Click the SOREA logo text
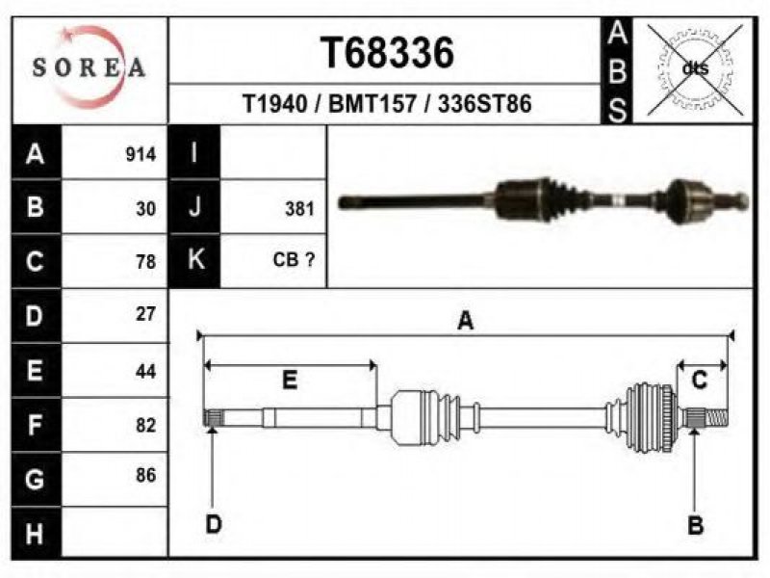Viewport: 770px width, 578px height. [x=89, y=67]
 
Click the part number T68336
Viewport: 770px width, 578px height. [x=388, y=53]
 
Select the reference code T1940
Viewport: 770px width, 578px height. [x=275, y=104]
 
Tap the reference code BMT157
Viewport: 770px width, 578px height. [x=372, y=104]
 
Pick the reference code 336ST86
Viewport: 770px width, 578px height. [x=485, y=104]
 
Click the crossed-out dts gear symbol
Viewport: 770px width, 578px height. [x=695, y=69]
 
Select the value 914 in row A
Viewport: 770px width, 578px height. [x=141, y=154]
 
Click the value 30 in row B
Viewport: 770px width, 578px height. [x=146, y=209]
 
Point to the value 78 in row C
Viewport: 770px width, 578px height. [x=146, y=262]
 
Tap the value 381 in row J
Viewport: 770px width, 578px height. [x=299, y=209]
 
